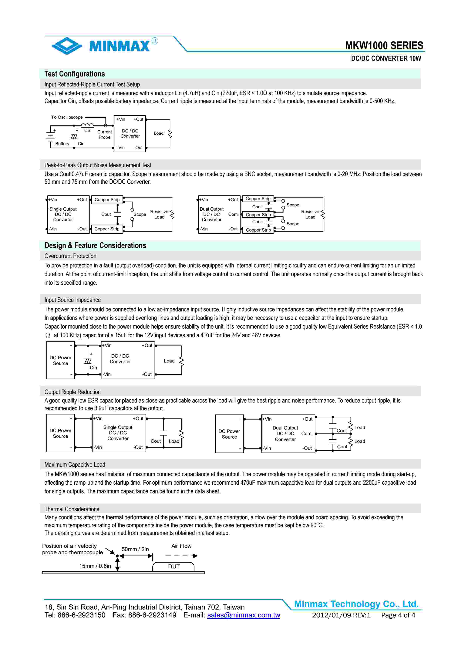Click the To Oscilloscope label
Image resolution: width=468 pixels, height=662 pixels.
point(67,117)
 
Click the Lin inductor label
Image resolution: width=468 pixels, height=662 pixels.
point(87,131)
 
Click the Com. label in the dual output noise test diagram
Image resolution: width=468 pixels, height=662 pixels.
point(233,214)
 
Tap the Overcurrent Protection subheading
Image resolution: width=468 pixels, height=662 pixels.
point(70,256)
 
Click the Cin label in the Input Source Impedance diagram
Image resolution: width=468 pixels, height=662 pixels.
point(93,368)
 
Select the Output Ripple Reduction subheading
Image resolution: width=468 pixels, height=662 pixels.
point(72,392)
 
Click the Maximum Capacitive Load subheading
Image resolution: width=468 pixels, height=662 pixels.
point(75,464)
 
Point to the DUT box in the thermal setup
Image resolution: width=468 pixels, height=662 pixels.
point(174,567)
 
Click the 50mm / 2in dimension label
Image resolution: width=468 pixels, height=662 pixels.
point(135,549)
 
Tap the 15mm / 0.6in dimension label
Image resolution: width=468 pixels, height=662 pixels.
point(95,566)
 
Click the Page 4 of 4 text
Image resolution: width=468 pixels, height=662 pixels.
point(398,615)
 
